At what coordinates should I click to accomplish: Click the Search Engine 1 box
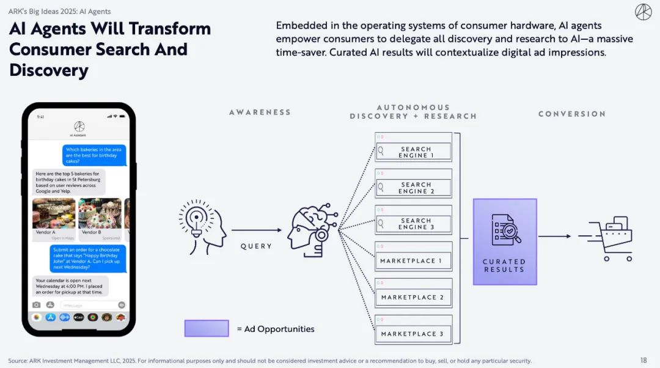coord(414,151)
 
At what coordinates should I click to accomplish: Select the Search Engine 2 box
coord(414,187)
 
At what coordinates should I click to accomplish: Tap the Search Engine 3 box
coord(414,223)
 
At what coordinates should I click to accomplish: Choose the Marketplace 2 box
coord(414,296)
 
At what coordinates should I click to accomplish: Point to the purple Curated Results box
coord(504,241)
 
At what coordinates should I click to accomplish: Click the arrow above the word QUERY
coord(256,230)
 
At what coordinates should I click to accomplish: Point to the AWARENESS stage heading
coord(260,112)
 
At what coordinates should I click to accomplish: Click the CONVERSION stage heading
coord(572,114)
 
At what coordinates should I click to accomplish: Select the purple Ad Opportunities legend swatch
coord(207,328)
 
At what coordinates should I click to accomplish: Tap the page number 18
coord(643,361)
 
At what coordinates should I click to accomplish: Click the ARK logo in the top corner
coord(643,12)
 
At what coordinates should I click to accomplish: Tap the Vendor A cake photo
coord(54,213)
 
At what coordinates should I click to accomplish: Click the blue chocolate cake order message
coord(87,258)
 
